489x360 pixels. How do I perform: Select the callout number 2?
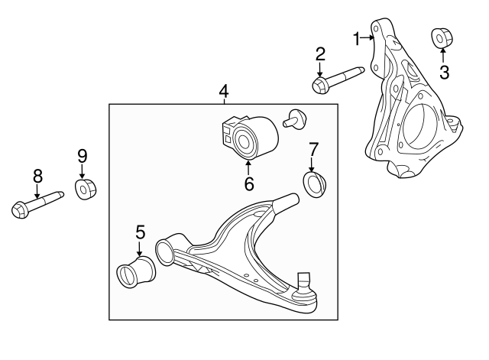click(320, 54)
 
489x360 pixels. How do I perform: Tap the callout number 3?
click(444, 73)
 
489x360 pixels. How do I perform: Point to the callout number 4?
click(223, 92)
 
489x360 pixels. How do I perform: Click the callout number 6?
click(248, 183)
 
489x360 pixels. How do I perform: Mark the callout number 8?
click(36, 177)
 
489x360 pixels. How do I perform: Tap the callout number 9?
click(83, 155)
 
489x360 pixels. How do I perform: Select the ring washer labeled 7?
click(314, 183)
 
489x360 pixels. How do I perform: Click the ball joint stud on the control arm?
click(304, 283)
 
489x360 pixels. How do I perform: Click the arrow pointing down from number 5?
click(140, 248)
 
